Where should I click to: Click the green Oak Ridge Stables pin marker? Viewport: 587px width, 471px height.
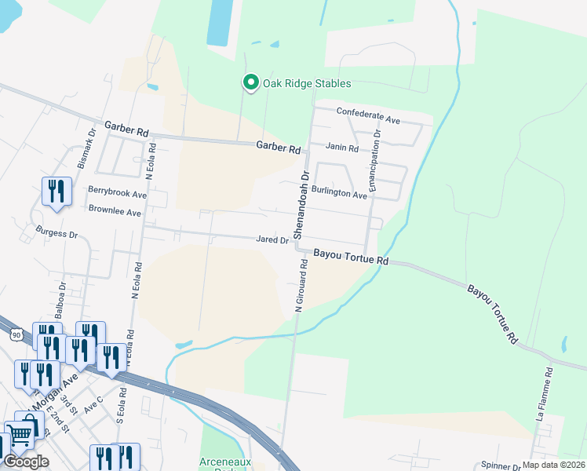(x=250, y=82)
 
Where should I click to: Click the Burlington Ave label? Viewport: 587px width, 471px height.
(x=339, y=192)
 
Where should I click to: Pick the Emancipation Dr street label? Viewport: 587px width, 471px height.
(x=377, y=162)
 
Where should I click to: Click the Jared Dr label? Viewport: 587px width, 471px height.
(x=272, y=240)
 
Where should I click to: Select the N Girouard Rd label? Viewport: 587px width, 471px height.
(x=299, y=287)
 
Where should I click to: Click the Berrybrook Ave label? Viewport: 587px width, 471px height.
(x=117, y=193)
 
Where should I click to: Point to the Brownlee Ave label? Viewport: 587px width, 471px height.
(x=114, y=212)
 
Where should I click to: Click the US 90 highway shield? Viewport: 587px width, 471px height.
(x=16, y=334)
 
